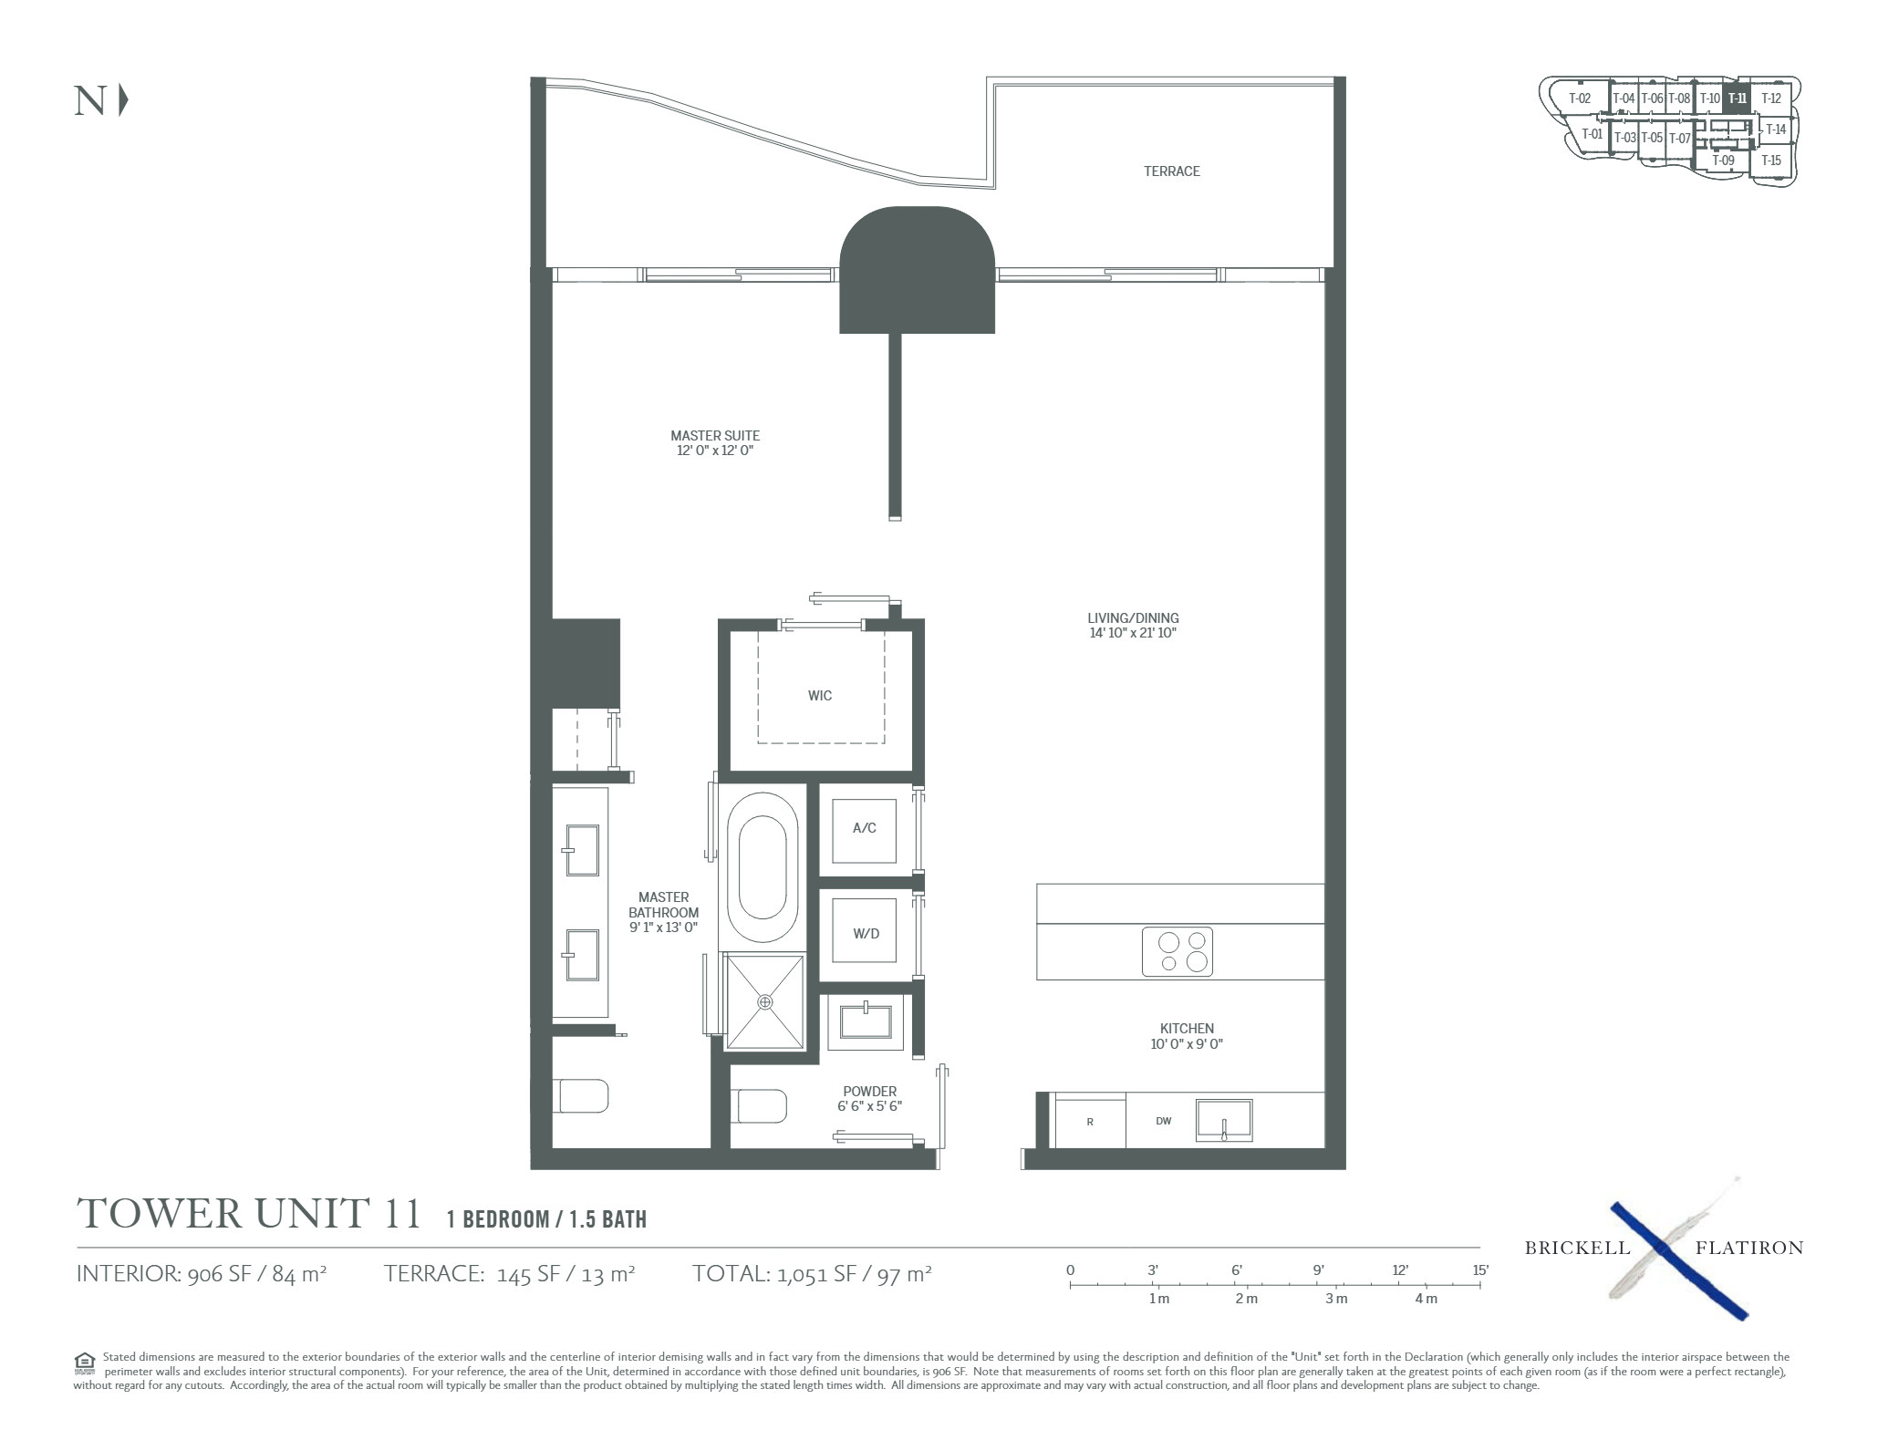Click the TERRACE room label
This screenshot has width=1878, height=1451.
1172,171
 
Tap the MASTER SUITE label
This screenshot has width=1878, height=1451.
715,436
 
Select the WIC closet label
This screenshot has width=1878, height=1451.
820,696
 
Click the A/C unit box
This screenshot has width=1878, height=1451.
865,828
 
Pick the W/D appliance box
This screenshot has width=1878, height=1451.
866,933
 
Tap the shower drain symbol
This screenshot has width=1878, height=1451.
765,1001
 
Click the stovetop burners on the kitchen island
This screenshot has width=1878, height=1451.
1178,952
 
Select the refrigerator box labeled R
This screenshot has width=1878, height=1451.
1090,1122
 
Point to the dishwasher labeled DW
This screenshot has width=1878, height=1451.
1163,1121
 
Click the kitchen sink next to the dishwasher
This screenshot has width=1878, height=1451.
1224,1120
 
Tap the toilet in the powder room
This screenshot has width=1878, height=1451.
763,1106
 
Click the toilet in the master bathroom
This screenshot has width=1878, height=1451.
583,1096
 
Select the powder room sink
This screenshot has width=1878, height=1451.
866,1021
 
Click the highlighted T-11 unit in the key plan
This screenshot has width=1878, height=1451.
1737,98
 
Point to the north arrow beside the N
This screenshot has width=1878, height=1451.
123,100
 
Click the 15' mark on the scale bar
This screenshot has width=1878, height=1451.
1479,1270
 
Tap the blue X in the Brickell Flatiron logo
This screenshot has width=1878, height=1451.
1679,1260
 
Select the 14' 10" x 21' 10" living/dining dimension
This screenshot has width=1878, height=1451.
1133,633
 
